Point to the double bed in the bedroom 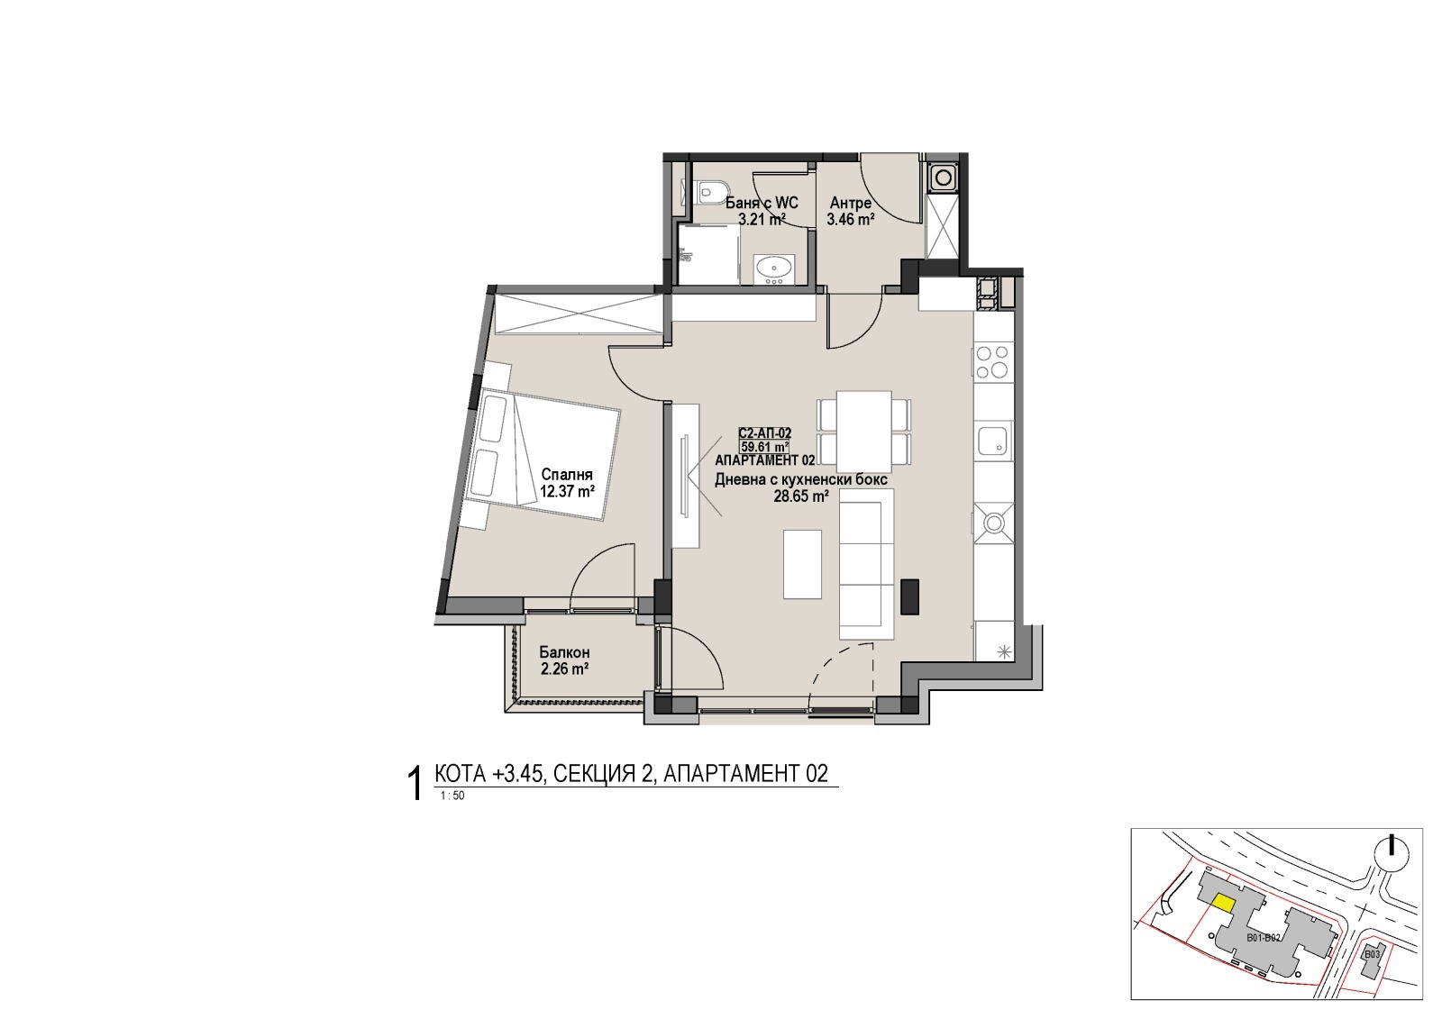[x=543, y=454]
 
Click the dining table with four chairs [x=864, y=431]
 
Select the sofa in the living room [x=867, y=563]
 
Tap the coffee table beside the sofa [x=802, y=564]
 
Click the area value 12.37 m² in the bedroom [x=567, y=493]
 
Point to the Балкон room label [x=564, y=652]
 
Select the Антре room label [x=851, y=203]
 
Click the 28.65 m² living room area [x=801, y=496]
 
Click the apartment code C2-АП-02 [x=765, y=434]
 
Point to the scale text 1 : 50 [x=452, y=796]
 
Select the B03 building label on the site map [x=1373, y=955]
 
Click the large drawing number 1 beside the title [x=415, y=784]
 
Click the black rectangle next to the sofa [x=909, y=596]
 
